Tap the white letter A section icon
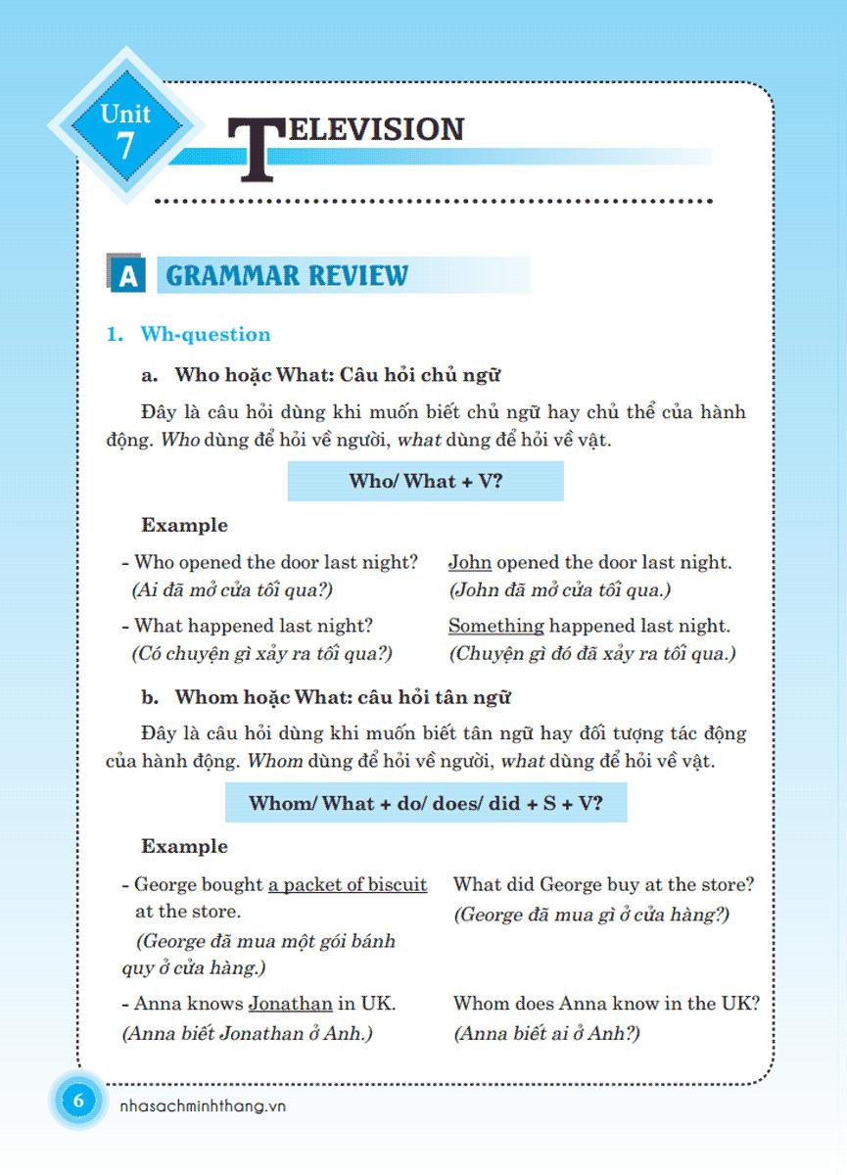126,276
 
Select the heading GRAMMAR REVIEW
287,275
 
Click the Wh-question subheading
206,335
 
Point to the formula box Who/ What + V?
425,481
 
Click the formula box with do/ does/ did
425,803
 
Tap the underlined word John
470,563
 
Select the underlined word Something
495,626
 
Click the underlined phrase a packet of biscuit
348,885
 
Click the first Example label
184,525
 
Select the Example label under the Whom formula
184,846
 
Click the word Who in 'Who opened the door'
152,563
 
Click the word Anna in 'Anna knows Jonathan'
154,1004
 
